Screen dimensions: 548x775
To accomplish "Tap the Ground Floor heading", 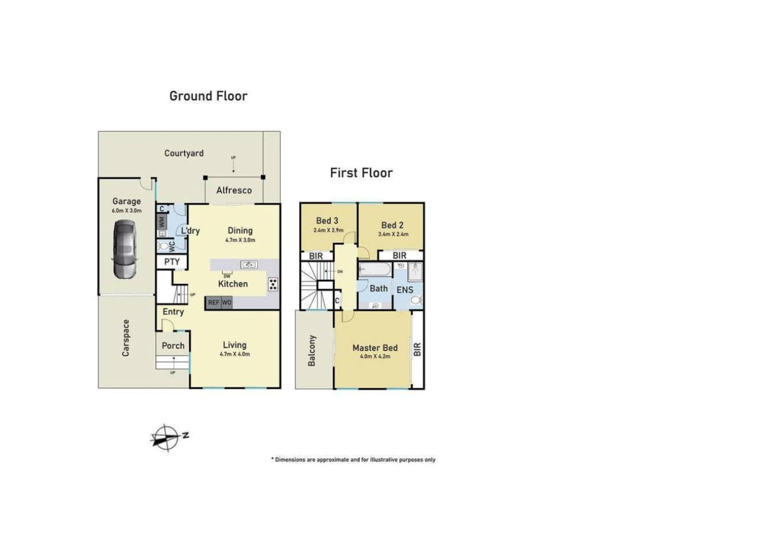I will point(208,96).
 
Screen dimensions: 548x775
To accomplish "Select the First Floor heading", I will point(361,173).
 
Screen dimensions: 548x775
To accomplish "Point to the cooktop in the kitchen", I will point(273,284).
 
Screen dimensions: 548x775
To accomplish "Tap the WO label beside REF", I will point(226,303).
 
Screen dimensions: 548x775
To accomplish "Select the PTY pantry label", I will point(172,262).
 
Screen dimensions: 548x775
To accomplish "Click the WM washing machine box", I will point(162,222).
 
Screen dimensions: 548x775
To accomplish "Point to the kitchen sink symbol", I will point(249,264).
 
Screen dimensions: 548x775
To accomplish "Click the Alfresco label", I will point(234,190).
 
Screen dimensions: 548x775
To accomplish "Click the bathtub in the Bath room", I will point(375,270).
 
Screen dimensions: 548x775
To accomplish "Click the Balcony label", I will point(312,351).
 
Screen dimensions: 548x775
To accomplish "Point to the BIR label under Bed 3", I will point(316,256).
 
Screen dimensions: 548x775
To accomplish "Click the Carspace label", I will point(126,338).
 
